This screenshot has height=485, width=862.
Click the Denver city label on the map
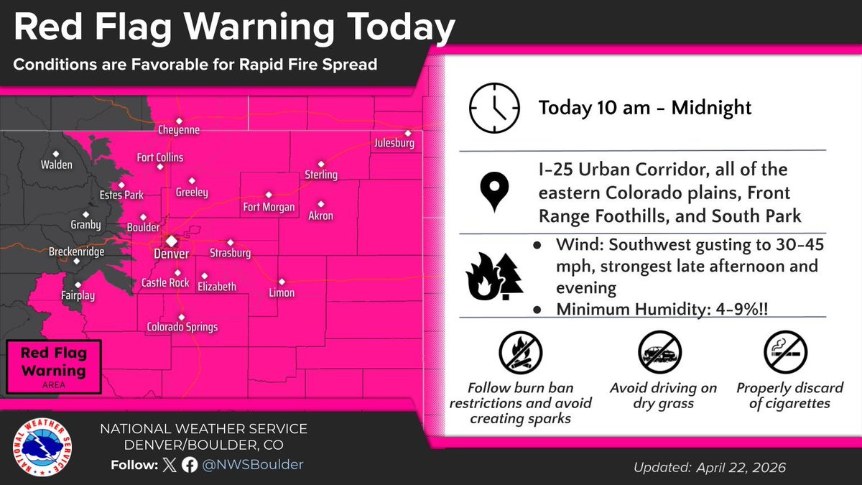click(172, 254)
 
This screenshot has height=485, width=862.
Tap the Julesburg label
click(394, 144)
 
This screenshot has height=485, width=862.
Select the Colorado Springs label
click(182, 328)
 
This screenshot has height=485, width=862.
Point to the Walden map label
click(57, 165)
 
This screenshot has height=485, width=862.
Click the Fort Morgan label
click(269, 208)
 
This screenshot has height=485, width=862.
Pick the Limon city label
click(282, 293)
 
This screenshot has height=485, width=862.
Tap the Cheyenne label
click(179, 131)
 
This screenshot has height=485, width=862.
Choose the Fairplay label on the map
click(78, 295)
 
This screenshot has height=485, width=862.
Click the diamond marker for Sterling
click(321, 164)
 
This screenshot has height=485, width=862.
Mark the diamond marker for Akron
click(320, 203)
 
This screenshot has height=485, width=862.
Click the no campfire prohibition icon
click(520, 353)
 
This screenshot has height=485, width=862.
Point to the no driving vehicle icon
click(659, 353)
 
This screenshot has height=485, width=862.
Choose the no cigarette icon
click(785, 353)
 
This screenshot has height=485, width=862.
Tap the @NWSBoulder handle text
click(252, 465)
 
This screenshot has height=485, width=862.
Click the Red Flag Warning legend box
click(54, 366)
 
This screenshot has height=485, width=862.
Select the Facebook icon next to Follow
click(190, 465)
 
